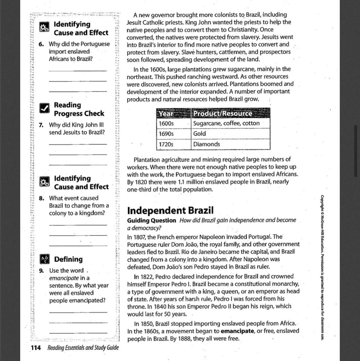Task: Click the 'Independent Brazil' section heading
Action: point(170,211)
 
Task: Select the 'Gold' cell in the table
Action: point(199,134)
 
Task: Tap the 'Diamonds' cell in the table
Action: point(206,144)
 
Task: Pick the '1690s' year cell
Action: point(166,134)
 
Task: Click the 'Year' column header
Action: point(166,113)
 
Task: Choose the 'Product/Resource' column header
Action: point(222,113)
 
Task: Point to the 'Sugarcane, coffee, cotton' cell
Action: point(226,123)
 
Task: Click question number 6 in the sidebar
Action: point(41,44)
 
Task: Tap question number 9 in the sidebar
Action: point(41,271)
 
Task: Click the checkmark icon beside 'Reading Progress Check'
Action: point(45,109)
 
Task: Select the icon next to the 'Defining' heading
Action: point(44,259)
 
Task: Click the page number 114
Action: point(36,348)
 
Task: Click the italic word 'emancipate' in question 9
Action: point(64,278)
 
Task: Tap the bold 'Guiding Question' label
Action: point(151,220)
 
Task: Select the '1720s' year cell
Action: point(166,144)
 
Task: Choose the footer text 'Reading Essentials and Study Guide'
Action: point(83,348)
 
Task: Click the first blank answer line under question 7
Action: point(78,144)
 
